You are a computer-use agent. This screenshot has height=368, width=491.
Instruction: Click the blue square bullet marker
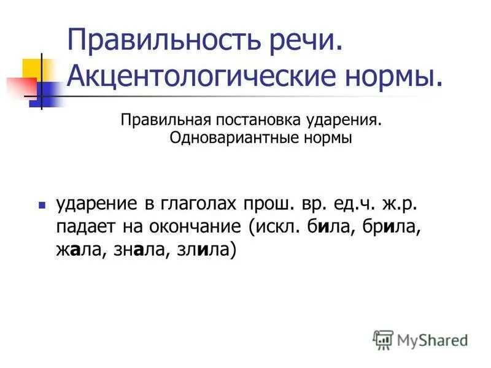pos(42,204)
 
